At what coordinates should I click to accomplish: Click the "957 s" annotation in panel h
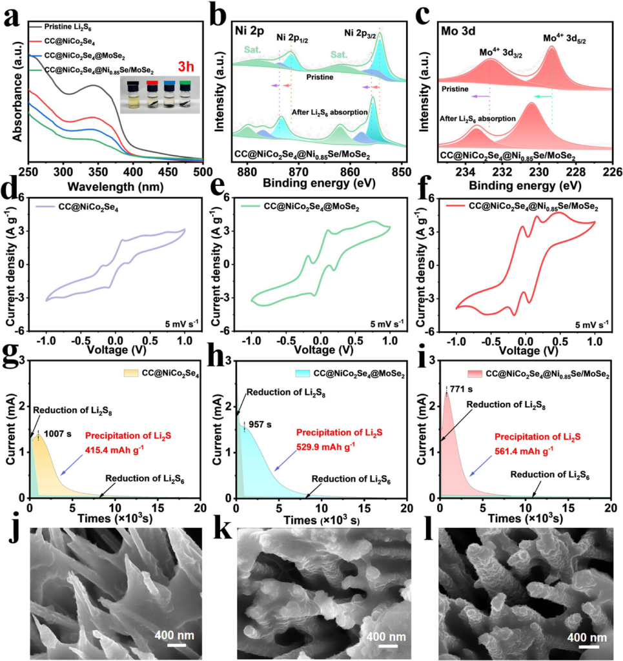pyautogui.click(x=261, y=425)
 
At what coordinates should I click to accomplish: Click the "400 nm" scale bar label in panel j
pyautogui.click(x=174, y=635)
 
